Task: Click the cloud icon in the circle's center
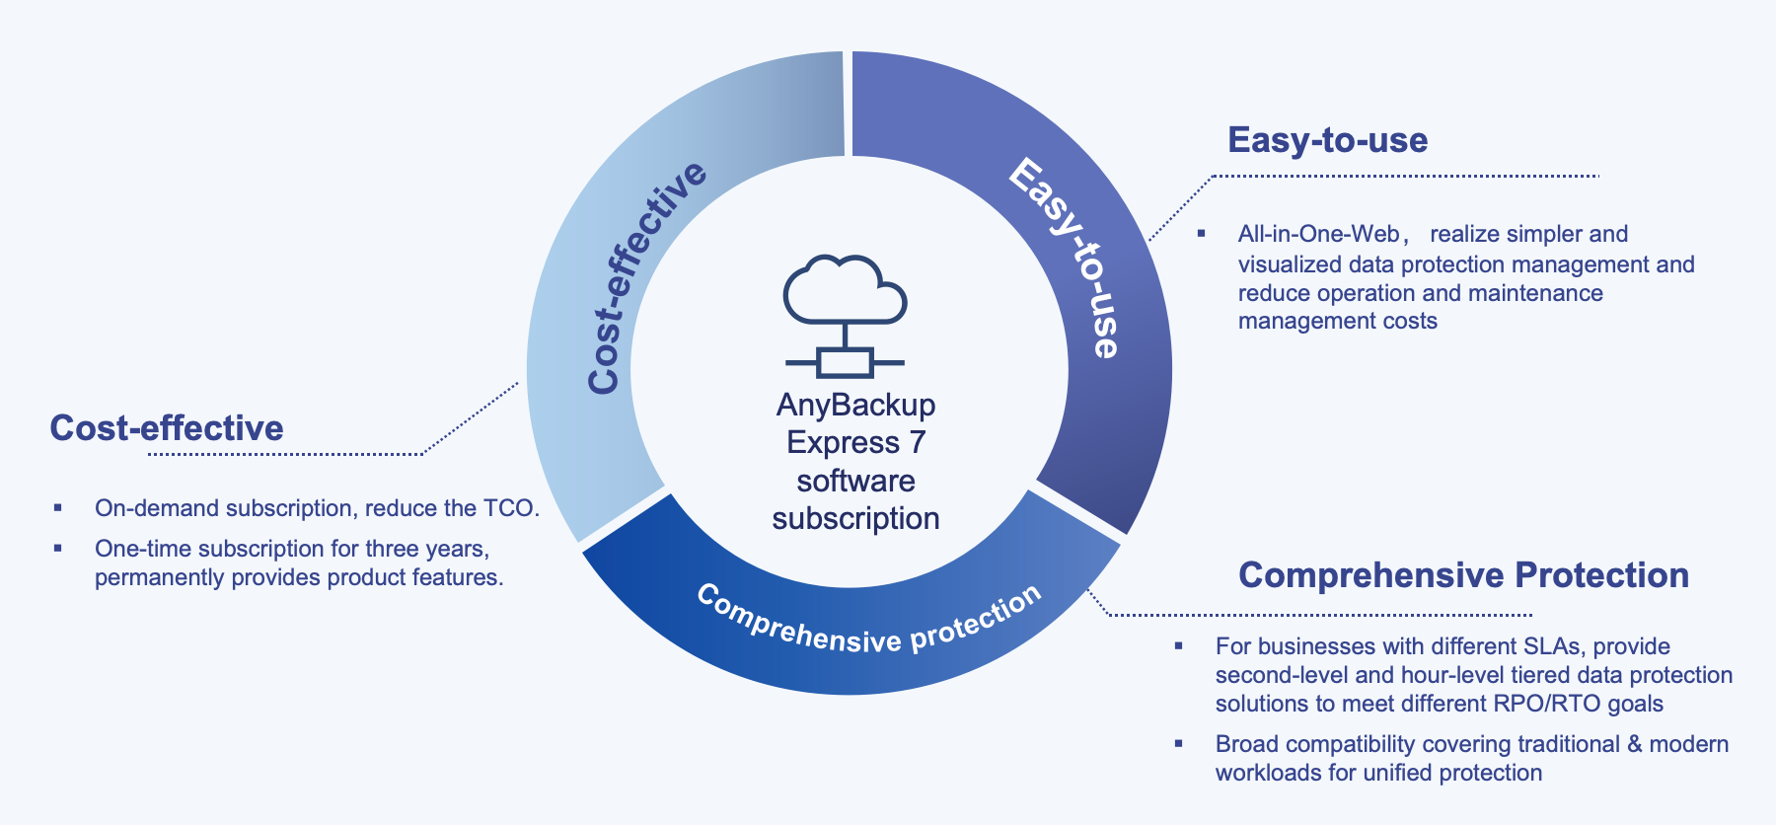[845, 290]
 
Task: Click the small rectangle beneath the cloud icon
[845, 362]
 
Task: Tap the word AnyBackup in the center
[855, 405]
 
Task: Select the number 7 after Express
[918, 442]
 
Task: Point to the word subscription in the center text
[855, 518]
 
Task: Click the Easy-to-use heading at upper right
[1327, 140]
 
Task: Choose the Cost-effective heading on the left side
[167, 428]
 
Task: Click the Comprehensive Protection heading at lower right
[1463, 575]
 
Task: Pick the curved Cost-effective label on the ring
[643, 278]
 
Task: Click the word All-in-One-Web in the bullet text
[1318, 234]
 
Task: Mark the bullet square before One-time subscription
[58, 548]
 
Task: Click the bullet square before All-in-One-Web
[1201, 234]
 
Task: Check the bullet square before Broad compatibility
[1178, 743]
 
